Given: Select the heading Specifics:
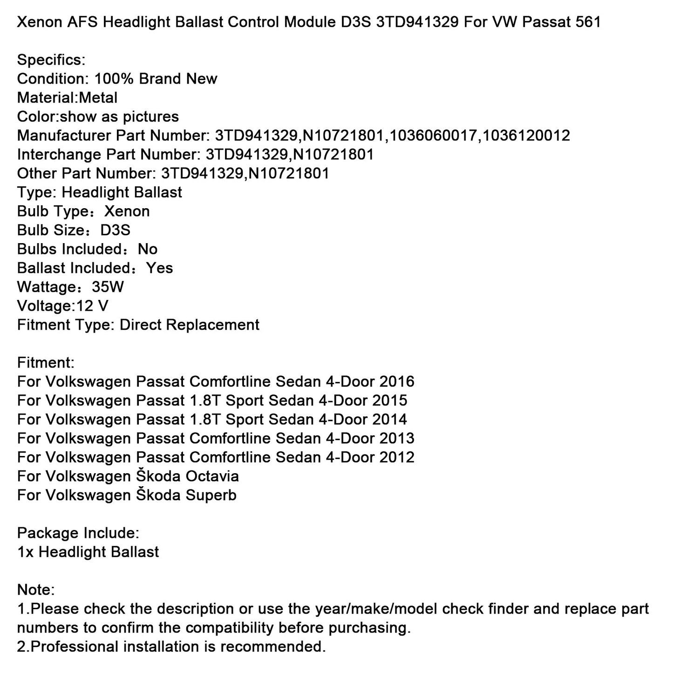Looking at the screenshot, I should [x=51, y=60].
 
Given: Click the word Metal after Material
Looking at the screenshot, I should [x=98, y=98].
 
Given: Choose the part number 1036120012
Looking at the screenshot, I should [x=526, y=136].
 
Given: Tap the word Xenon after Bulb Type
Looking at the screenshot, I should [x=127, y=211].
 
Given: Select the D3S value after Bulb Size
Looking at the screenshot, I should [x=116, y=230].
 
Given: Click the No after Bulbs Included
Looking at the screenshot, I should [x=148, y=249].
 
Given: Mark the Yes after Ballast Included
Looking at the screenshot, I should [x=159, y=268].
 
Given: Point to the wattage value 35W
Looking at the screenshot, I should [x=108, y=287].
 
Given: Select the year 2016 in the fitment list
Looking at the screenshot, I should [x=397, y=382].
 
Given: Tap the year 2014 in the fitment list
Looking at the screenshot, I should [x=389, y=420].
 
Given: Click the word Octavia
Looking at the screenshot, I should [x=212, y=476].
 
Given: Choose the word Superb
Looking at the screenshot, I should [x=211, y=495].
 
